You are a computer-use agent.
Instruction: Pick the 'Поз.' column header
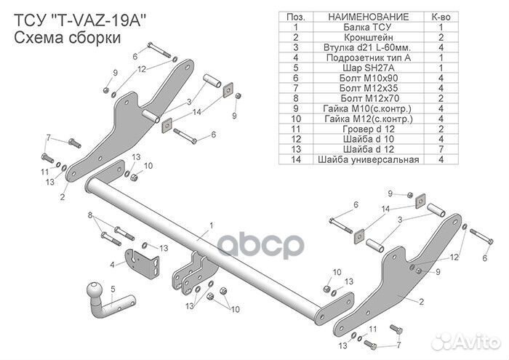[296, 15]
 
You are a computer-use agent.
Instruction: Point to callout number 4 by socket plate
[111, 265]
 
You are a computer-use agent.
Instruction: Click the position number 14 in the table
[296, 159]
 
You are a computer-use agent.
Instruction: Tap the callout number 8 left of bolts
[90, 215]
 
